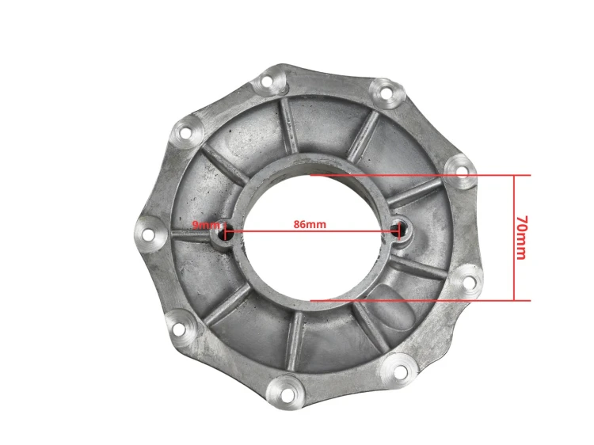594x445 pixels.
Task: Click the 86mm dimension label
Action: [x=310, y=224]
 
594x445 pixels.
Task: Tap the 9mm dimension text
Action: [x=206, y=225]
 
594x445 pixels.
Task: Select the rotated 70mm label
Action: [x=522, y=238]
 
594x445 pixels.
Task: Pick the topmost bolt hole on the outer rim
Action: [x=267, y=81]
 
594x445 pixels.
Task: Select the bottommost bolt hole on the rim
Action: [x=288, y=394]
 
